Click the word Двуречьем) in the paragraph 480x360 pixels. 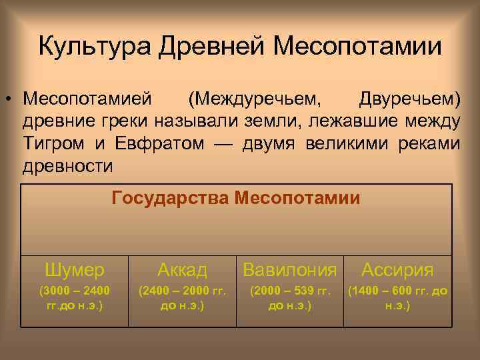(x=409, y=99)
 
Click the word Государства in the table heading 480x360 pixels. (x=172, y=198)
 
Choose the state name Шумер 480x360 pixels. (x=75, y=270)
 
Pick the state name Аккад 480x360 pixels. (x=182, y=270)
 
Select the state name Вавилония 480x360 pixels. (x=290, y=270)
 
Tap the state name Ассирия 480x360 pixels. (x=397, y=270)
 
